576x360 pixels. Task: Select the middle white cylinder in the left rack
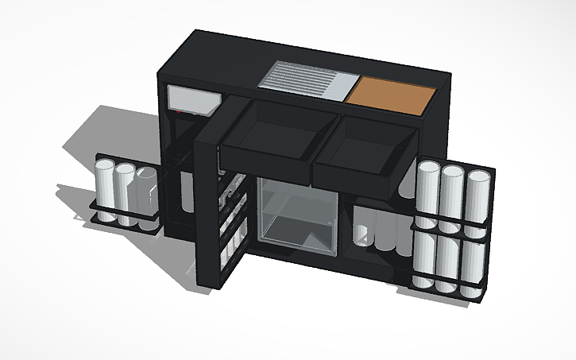[125, 192]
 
